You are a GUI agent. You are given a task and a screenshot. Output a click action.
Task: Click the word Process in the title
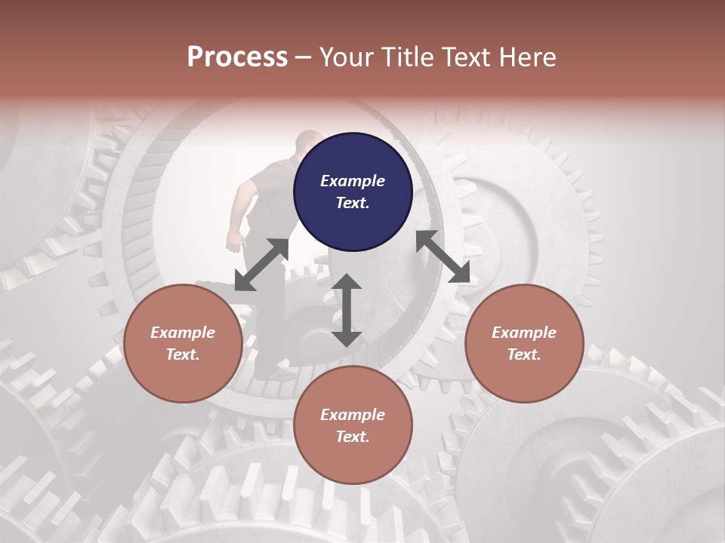tap(237, 57)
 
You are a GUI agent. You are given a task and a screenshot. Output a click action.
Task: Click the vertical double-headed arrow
tap(347, 311)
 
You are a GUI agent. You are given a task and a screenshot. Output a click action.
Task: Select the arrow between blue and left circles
tap(261, 265)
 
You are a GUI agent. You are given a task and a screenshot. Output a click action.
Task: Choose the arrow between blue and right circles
tap(443, 256)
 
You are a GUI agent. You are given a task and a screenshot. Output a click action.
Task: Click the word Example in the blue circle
tap(353, 181)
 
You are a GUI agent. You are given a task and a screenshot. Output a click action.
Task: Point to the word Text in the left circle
tap(183, 354)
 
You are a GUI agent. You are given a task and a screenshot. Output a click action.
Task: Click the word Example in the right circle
tap(524, 333)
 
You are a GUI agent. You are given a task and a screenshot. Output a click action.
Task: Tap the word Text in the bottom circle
tap(353, 437)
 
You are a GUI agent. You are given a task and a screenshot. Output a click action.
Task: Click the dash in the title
tap(304, 57)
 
